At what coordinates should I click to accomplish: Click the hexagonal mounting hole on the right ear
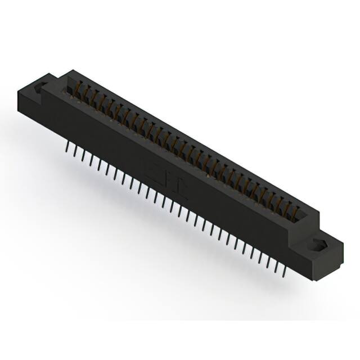318,245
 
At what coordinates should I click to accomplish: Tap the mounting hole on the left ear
40,88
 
